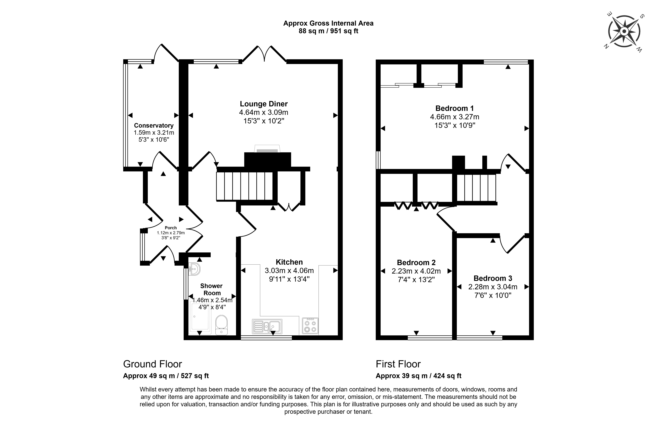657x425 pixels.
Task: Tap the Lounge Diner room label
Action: pos(264,104)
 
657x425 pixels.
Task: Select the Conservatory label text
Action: pos(154,126)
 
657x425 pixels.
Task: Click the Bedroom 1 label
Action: pos(454,108)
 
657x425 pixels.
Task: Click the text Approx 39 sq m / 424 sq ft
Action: pos(419,376)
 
